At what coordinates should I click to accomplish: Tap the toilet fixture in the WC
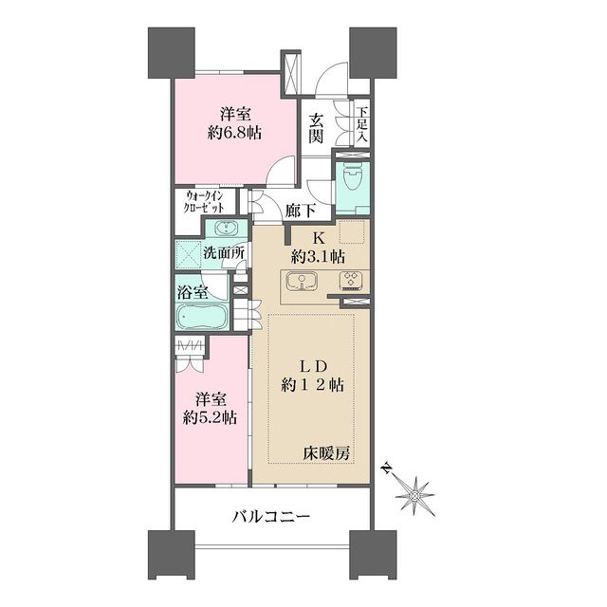(x=353, y=177)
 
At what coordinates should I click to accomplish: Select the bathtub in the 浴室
(x=202, y=316)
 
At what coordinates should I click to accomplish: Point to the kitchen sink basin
(x=302, y=281)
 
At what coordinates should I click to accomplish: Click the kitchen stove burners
(x=352, y=281)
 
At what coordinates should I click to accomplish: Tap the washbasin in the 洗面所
(x=226, y=228)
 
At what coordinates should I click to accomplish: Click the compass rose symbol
(x=414, y=496)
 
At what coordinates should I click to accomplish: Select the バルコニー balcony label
(x=270, y=516)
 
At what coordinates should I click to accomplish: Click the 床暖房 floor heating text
(x=326, y=452)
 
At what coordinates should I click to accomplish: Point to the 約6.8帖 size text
(x=234, y=134)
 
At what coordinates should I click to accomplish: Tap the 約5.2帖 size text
(x=210, y=417)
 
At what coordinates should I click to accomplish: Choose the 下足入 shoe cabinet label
(x=362, y=124)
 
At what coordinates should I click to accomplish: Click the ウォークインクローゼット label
(x=205, y=201)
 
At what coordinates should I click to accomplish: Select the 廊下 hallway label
(x=300, y=211)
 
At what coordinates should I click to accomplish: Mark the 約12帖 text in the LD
(x=312, y=386)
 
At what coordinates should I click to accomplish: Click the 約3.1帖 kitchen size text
(x=319, y=257)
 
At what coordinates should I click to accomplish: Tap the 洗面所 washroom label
(x=224, y=253)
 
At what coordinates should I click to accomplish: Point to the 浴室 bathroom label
(x=193, y=292)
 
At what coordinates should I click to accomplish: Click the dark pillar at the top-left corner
(x=172, y=53)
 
